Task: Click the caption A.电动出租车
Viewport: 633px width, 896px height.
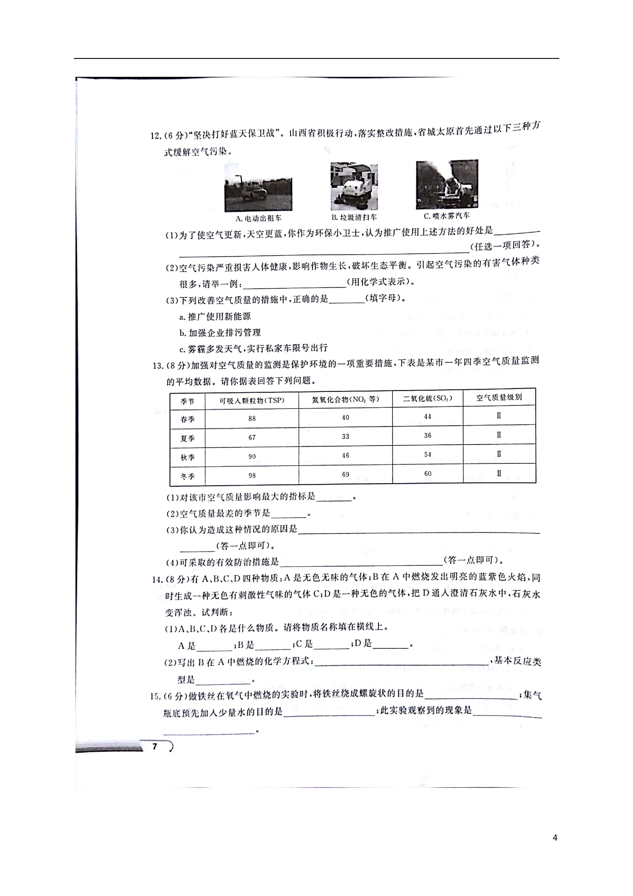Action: tap(258, 218)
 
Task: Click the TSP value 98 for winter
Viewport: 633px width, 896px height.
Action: tap(252, 475)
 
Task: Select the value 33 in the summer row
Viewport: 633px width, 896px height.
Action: tap(346, 436)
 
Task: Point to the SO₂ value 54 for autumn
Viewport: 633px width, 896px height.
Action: tap(428, 454)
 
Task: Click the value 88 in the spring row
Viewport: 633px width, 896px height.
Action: tap(252, 418)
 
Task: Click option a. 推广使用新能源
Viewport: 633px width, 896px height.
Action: tap(215, 317)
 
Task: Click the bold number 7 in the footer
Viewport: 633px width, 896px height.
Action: tap(155, 746)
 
